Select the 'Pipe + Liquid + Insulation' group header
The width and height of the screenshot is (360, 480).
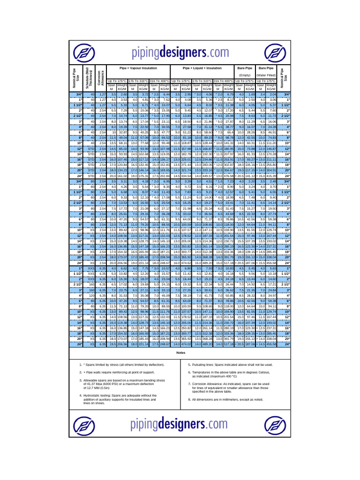[202, 68]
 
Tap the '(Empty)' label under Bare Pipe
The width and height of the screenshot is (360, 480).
[245, 75]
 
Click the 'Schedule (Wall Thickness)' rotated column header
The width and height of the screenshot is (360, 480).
[88, 77]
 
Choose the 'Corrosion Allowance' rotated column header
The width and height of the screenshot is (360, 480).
[99, 77]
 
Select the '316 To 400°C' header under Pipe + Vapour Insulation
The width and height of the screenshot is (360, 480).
[159, 81]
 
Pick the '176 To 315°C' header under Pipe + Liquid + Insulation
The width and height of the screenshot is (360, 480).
[202, 81]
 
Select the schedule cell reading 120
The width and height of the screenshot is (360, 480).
[92, 296]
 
